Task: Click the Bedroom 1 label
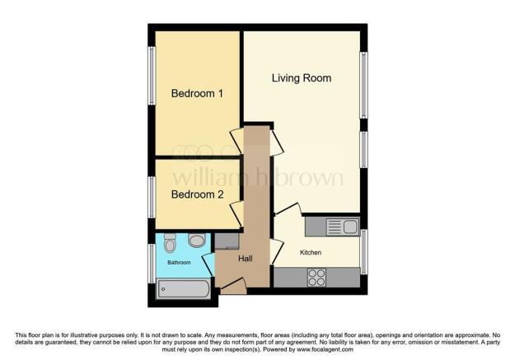197,94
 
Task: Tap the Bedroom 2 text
197,195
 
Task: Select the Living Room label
302,78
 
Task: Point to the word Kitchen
310,252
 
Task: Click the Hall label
245,259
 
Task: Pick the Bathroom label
179,263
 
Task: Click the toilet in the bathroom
170,244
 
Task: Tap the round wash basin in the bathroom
197,241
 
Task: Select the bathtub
183,289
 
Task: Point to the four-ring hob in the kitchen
317,278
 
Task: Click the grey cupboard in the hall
226,241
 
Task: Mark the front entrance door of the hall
233,288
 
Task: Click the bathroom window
151,264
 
